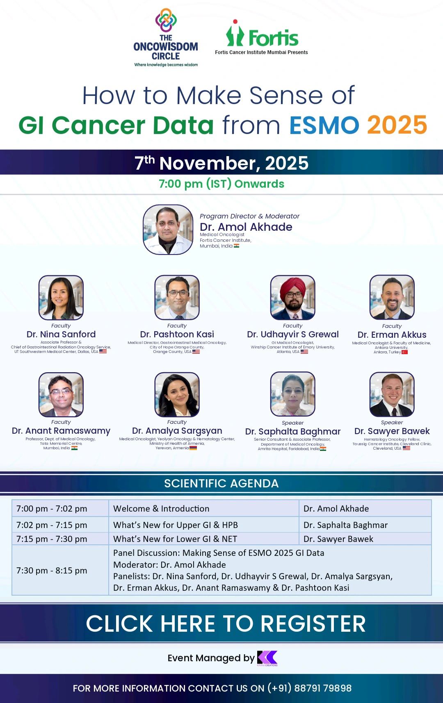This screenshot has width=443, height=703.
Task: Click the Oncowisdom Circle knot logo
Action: click(166, 20)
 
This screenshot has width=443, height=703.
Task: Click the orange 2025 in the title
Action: click(397, 125)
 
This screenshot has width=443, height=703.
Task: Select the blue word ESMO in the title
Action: click(324, 125)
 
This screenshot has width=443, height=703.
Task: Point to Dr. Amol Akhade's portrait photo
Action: click(168, 230)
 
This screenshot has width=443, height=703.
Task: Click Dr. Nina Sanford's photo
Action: click(61, 298)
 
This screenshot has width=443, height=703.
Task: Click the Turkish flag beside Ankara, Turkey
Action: click(404, 352)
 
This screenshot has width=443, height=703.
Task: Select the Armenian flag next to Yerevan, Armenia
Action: click(193, 448)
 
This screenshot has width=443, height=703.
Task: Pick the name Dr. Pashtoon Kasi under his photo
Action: click(177, 334)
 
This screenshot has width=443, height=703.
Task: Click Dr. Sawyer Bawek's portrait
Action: click(392, 394)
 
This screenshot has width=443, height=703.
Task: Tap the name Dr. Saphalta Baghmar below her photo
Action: click(292, 431)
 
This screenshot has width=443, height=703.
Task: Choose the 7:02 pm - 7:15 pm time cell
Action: click(52, 525)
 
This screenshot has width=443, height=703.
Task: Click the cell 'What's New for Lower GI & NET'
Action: click(175, 539)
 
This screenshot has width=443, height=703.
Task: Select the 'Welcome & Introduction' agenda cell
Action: click(161, 509)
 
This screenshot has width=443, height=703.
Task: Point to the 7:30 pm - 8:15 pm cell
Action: click(52, 571)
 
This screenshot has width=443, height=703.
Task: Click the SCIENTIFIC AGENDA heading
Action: click(221, 484)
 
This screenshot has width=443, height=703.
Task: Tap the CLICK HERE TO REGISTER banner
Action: click(226, 624)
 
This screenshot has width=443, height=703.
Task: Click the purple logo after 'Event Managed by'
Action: click(267, 658)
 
